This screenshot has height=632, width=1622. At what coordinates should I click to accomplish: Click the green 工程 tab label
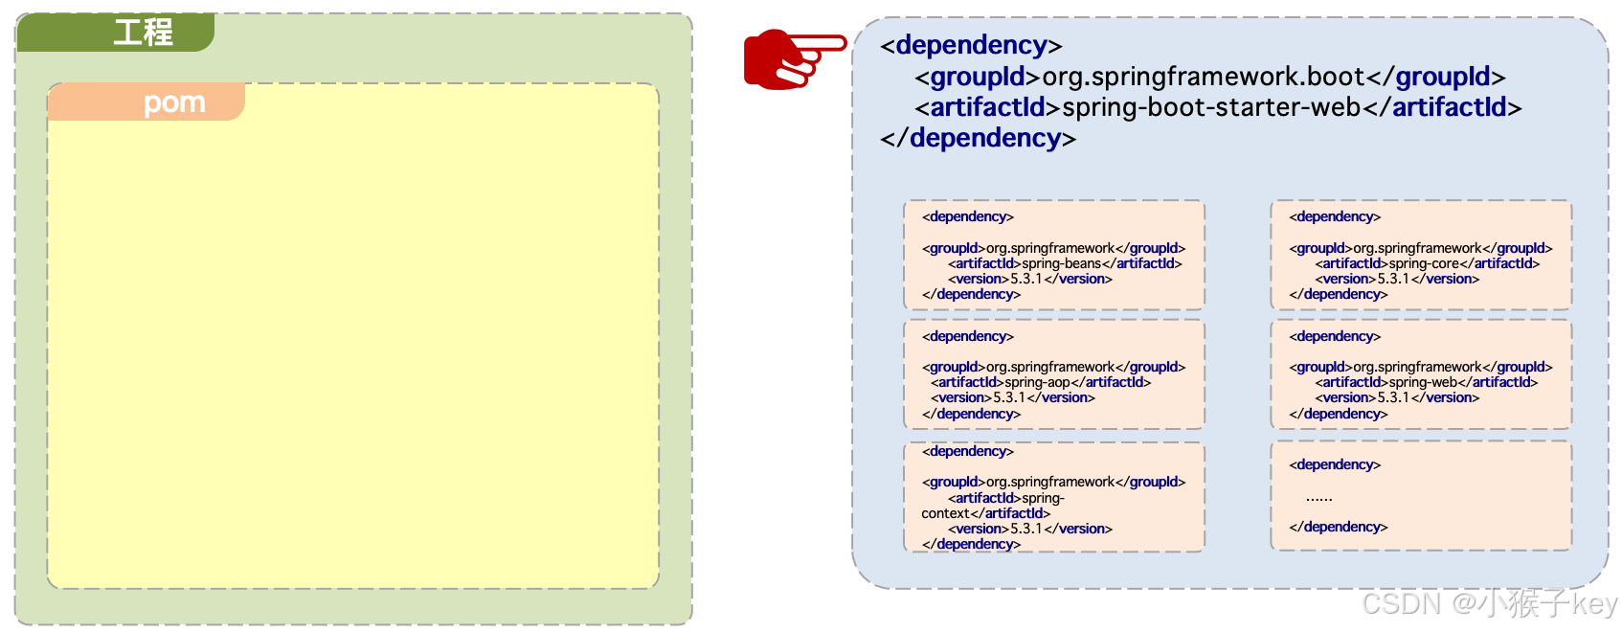click(143, 33)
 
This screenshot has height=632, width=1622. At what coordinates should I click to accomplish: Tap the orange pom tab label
click(174, 102)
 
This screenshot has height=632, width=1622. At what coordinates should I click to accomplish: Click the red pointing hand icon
click(794, 58)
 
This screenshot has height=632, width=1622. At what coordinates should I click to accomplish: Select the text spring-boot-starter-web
click(1211, 107)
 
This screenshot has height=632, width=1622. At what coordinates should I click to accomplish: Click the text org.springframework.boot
click(1203, 77)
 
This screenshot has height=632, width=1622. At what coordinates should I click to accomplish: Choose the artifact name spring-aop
click(1037, 382)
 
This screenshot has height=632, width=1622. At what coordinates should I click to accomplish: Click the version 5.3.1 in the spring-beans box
click(1026, 279)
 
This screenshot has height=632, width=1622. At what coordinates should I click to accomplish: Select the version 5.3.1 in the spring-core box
click(1393, 279)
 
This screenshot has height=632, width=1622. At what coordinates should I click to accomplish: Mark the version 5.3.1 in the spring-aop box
click(1009, 397)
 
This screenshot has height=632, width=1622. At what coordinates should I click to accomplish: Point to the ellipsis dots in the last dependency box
click(1318, 497)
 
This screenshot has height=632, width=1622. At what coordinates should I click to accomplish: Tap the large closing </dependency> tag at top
click(978, 138)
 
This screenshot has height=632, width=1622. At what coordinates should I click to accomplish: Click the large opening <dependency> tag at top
click(971, 45)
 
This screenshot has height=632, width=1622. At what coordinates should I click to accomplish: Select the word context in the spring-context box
click(945, 513)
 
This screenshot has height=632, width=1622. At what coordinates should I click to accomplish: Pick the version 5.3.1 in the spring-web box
click(1393, 397)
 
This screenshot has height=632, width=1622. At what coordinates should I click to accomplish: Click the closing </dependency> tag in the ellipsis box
click(1338, 527)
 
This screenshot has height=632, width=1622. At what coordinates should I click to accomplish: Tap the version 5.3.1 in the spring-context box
click(1026, 529)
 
